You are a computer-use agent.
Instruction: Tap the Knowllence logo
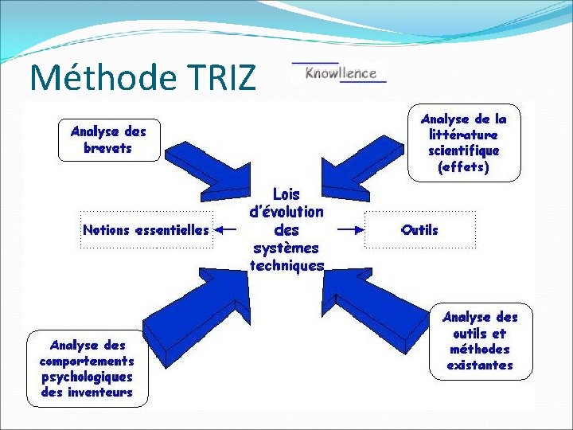[340, 72]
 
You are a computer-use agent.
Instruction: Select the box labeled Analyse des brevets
[108, 139]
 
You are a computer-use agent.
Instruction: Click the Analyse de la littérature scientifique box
[464, 143]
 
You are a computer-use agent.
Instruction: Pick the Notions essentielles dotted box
[146, 230]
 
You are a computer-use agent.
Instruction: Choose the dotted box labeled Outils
[420, 230]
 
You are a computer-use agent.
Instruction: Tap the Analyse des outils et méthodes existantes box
[480, 342]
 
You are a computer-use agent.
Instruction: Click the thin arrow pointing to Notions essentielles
[228, 230]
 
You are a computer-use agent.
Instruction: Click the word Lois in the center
[286, 194]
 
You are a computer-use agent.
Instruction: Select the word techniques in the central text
[286, 266]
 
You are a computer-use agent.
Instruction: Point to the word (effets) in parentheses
[464, 168]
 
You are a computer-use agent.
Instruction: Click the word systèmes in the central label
[286, 248]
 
